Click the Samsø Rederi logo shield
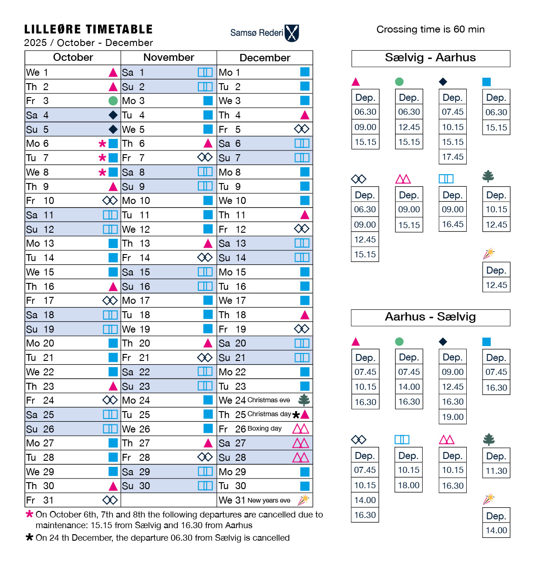292,33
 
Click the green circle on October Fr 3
113,101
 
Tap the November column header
169,58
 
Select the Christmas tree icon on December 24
304,400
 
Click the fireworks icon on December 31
304,500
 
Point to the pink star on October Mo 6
103,144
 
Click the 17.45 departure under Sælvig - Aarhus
453,157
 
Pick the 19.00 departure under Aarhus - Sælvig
453,417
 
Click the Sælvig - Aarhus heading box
431,58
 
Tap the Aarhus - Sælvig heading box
431,317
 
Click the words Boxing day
265,429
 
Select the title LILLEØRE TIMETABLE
88,30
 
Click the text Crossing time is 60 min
431,30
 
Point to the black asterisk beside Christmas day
296,415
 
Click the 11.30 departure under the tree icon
496,471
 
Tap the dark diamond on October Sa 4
113,115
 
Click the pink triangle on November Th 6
208,144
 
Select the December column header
265,58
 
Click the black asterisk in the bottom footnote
29,537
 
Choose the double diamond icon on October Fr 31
110,500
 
